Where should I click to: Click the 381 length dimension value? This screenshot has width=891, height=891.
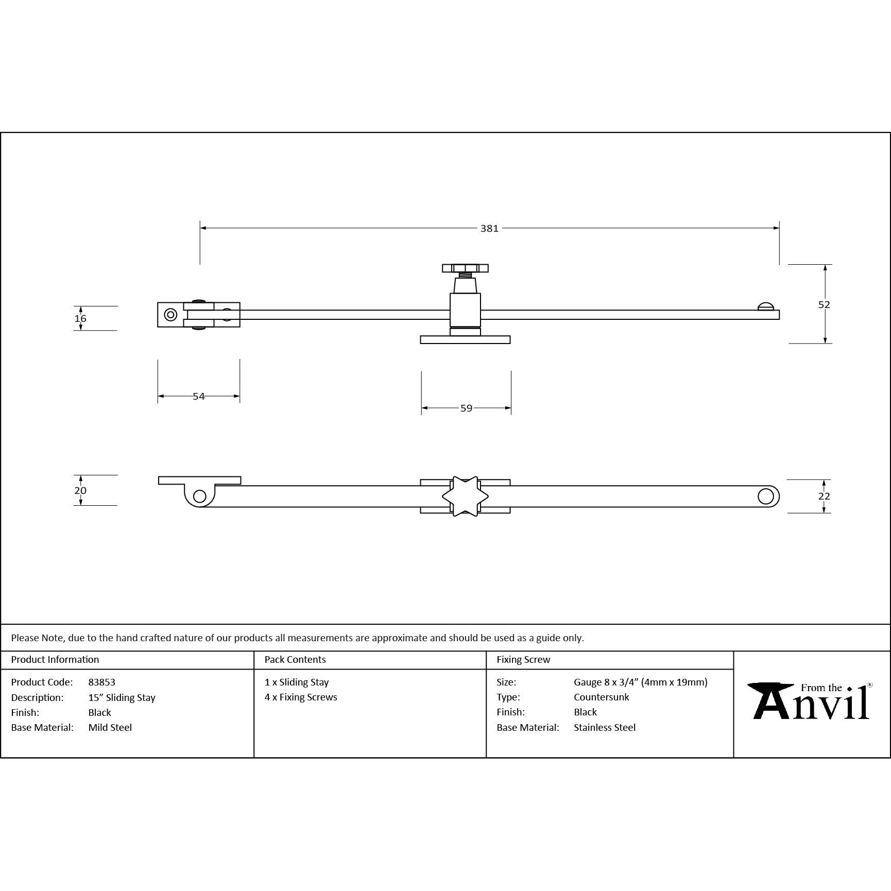coord(489,228)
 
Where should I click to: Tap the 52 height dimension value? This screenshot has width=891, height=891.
coord(824,304)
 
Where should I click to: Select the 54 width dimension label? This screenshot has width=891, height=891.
coord(199,396)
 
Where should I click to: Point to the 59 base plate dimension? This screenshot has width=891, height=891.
coord(466,408)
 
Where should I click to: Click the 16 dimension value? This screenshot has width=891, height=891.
coord(80,318)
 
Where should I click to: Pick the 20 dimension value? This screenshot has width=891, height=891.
coord(80,490)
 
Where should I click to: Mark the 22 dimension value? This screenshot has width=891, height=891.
coord(824,496)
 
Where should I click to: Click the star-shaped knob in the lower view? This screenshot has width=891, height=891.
coord(465,496)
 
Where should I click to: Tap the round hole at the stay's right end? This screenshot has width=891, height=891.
coord(766,496)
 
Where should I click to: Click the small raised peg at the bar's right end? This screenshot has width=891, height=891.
coord(766,306)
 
